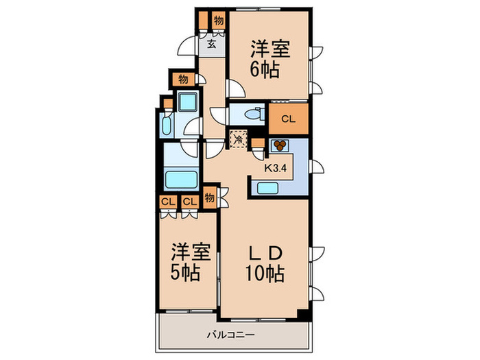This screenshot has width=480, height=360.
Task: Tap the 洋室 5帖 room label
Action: pos(185,263)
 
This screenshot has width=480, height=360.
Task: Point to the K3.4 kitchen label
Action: pos(276,165)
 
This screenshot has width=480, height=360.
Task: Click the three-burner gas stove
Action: pos(280,145)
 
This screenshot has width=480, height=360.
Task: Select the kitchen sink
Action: pos(267,188)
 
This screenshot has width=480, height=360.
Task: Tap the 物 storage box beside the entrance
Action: pos(217,20)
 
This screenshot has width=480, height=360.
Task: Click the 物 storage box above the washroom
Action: pos(183,79)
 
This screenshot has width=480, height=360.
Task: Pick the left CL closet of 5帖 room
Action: pos(167,202)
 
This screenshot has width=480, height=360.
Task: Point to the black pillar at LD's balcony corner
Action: pos(302,315)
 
